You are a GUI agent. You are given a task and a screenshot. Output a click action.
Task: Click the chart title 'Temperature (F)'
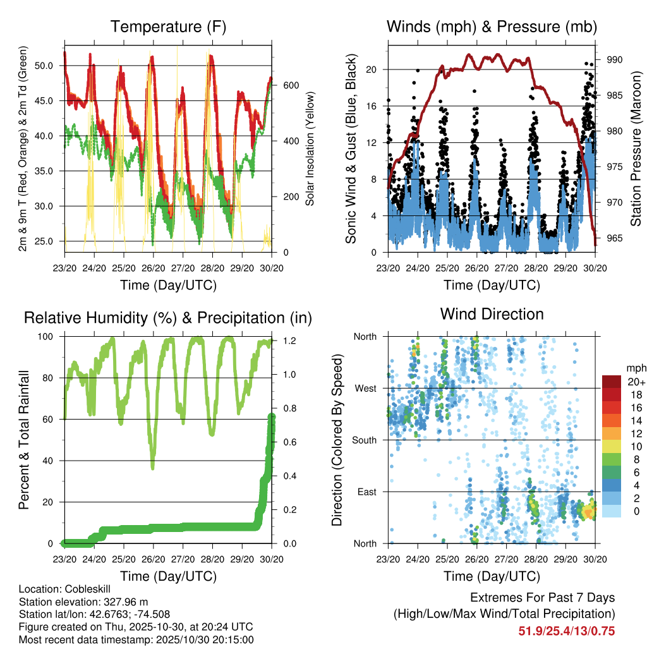point(168,27)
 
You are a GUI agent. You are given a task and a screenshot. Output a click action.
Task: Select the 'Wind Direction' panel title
point(492,314)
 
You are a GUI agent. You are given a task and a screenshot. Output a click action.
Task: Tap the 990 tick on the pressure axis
point(615,59)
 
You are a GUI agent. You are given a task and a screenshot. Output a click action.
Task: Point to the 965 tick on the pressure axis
point(615,238)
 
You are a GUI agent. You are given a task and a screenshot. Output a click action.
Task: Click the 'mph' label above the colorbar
point(634,368)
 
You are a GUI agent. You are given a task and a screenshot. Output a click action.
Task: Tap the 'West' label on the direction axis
point(365,388)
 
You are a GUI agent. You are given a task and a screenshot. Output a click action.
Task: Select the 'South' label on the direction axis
point(364,440)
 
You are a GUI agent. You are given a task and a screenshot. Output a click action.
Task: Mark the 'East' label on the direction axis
point(366,492)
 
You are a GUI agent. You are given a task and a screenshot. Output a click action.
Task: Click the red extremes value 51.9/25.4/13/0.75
point(567,631)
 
